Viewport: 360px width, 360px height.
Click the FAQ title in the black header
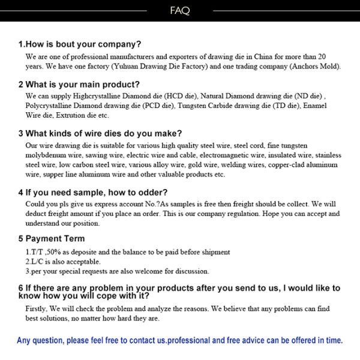point(180,10)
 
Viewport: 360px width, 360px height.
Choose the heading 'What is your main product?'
point(79,84)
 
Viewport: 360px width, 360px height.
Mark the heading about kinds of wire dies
point(100,133)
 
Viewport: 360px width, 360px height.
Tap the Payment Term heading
point(52,238)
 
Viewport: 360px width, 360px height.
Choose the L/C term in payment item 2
point(38,262)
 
